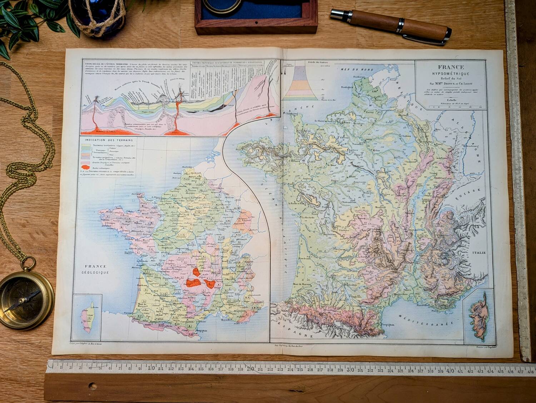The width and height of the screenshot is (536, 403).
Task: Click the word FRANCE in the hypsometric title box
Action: [x=449, y=67]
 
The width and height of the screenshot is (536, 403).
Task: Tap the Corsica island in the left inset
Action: [x=88, y=314]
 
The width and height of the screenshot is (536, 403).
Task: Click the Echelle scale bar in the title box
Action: [x=449, y=106]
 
